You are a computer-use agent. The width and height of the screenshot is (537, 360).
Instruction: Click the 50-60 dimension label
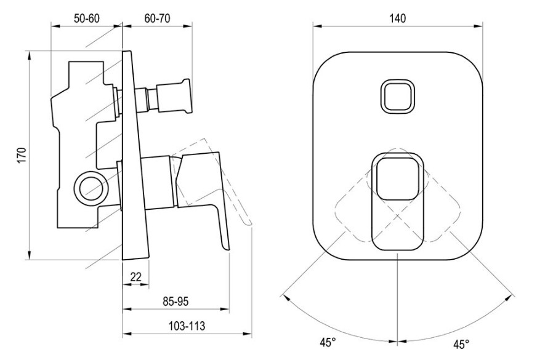[87, 18]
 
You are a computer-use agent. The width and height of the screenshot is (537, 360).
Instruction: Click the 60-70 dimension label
[157, 18]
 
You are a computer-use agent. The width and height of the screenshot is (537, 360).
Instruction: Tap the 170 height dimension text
[22, 156]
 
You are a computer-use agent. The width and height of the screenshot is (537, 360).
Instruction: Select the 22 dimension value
[136, 276]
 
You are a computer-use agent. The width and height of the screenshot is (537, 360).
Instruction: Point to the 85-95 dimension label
[176, 302]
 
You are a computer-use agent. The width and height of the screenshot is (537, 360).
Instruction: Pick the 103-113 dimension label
[187, 326]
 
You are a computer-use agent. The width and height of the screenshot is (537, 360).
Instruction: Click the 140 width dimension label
[398, 18]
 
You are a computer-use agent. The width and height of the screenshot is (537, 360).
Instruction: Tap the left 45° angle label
[328, 343]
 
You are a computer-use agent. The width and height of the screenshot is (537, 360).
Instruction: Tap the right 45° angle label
[461, 344]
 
